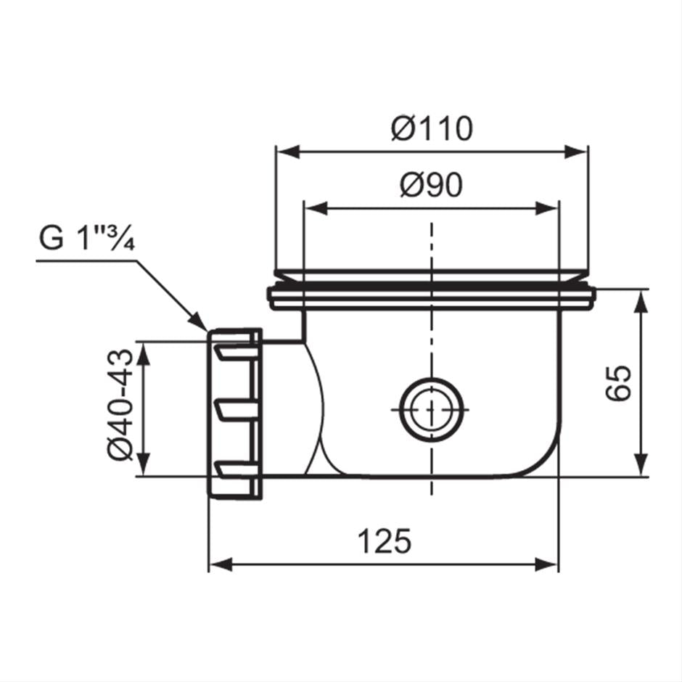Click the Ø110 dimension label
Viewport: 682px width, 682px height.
coord(431,129)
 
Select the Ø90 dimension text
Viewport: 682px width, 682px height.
coord(431,186)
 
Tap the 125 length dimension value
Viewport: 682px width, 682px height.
coord(385,541)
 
